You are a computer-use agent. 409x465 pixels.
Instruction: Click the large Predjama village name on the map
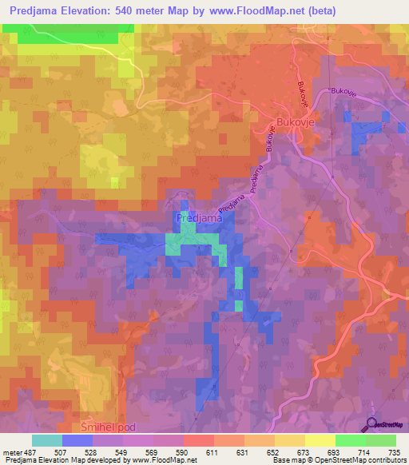(198, 217)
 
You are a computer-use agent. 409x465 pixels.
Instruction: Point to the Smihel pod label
(114, 429)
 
